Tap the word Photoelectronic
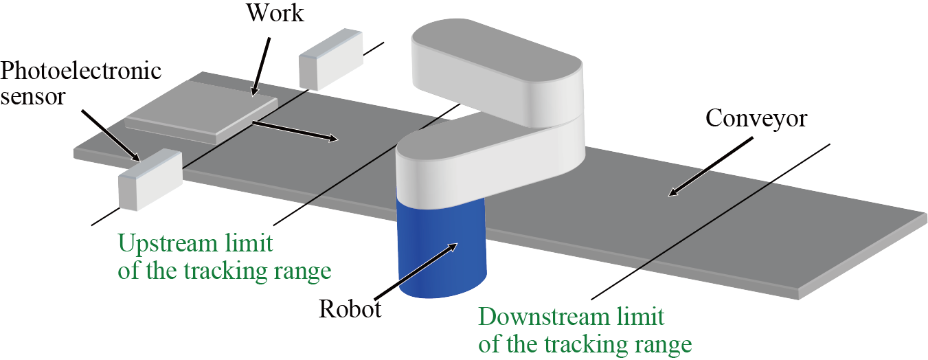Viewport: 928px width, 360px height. (81, 71)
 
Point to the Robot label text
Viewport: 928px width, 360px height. (350, 309)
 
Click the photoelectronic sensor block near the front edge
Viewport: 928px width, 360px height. (149, 180)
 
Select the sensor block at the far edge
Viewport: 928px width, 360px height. (330, 58)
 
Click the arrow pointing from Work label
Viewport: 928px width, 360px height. (262, 65)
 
